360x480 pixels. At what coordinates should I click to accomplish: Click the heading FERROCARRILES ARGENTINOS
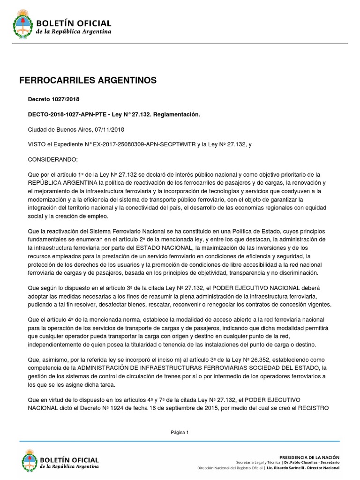tap(88, 81)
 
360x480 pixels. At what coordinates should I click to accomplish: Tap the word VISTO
tap(37, 144)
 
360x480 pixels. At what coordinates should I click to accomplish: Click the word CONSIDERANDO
tap(53, 159)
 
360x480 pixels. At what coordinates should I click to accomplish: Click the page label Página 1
tap(180, 433)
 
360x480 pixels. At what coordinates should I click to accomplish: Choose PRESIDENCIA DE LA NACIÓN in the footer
tap(309, 457)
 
